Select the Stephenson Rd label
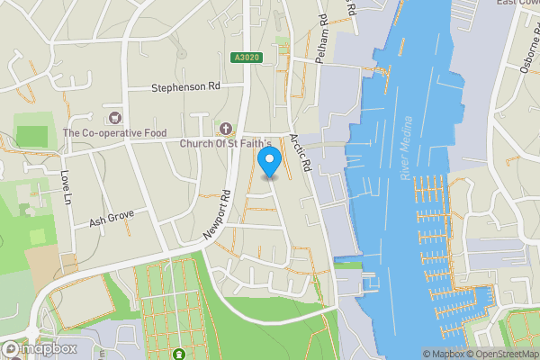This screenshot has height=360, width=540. pyautogui.click(x=185, y=89)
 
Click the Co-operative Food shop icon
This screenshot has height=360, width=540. pyautogui.click(x=114, y=118)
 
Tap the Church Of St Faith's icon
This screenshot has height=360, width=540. pyautogui.click(x=226, y=129)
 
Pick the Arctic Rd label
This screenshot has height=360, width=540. pyautogui.click(x=300, y=153)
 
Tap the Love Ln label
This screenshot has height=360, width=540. pyautogui.click(x=65, y=185)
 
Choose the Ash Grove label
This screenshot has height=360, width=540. pyautogui.click(x=111, y=219)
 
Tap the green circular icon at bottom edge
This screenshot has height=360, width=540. pyautogui.click(x=178, y=355)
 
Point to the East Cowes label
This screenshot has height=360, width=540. pyautogui.click(x=517, y=3)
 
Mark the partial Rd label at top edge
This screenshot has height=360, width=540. pyautogui.click(x=352, y=7)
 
